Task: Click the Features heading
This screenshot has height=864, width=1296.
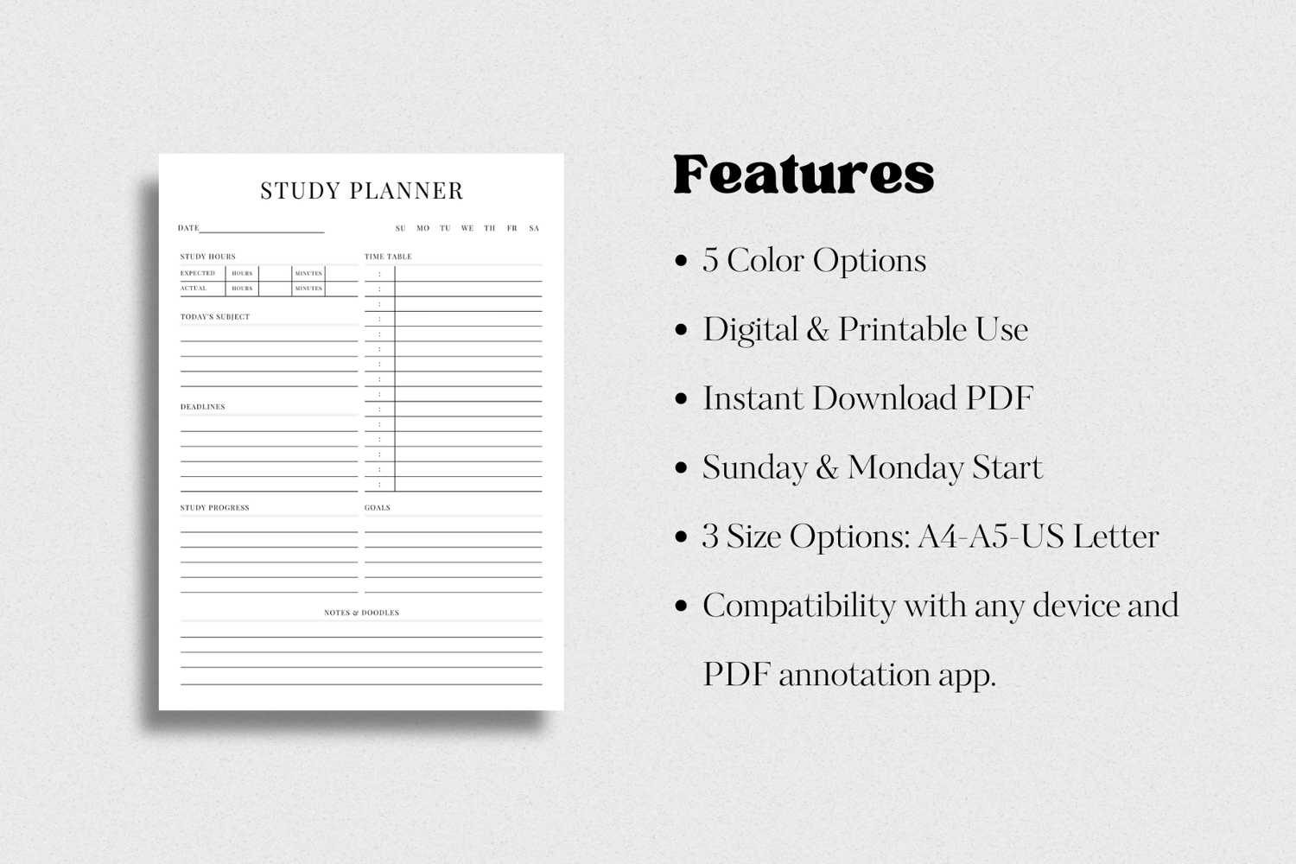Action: coord(804,175)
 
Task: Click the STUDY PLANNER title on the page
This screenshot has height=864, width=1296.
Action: coord(362,191)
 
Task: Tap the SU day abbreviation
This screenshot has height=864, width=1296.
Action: coord(400,229)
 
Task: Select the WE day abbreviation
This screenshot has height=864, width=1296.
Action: coord(467,229)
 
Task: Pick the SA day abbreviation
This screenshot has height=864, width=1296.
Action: coord(534,229)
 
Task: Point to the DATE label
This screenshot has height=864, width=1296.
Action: coord(188,228)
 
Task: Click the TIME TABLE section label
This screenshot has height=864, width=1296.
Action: coord(388,257)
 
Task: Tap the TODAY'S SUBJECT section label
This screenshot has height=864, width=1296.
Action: coord(214,316)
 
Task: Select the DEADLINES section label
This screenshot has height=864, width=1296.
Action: coord(202,407)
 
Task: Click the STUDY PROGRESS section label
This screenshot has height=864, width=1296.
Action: coord(214,507)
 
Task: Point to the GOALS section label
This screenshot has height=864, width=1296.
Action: coord(378,507)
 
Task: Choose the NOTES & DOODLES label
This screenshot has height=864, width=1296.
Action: coord(362,613)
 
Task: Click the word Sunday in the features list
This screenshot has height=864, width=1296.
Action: coord(754,467)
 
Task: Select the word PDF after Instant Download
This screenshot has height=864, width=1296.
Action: coord(1000,398)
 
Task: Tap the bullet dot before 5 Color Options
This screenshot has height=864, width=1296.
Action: coord(681,261)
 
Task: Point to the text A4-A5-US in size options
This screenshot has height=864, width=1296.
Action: coord(991,537)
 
